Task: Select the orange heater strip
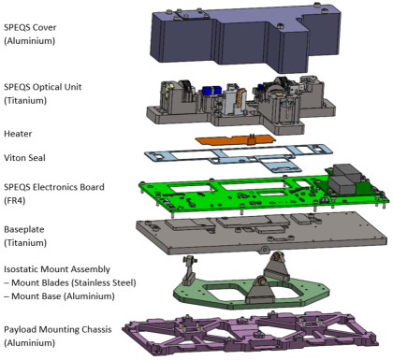[236, 139]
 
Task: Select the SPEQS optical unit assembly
[241, 105]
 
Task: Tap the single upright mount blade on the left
[189, 270]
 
